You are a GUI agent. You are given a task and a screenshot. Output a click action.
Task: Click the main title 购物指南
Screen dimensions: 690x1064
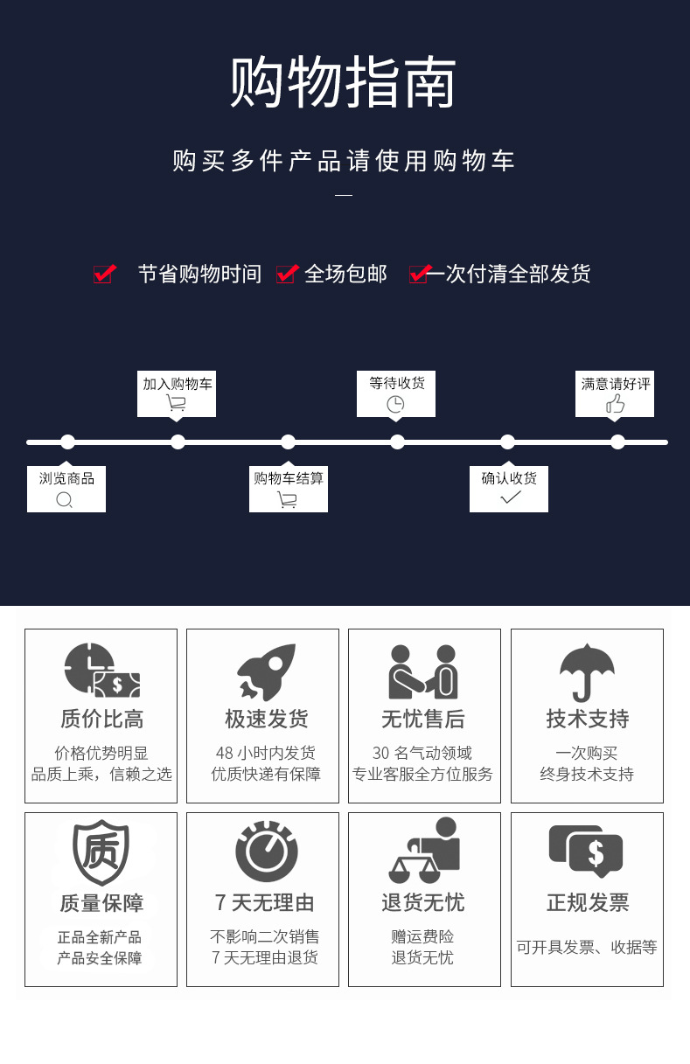click(x=343, y=81)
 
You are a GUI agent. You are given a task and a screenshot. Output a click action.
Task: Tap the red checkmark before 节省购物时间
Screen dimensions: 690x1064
click(x=105, y=274)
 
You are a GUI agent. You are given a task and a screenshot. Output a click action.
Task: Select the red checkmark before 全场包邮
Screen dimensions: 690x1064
click(x=288, y=274)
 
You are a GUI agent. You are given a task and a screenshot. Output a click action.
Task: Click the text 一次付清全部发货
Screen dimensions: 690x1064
click(x=508, y=274)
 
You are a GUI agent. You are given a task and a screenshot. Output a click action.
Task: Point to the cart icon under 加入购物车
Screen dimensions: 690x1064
click(x=177, y=403)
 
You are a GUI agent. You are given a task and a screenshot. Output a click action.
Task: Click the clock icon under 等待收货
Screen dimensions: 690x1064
click(x=395, y=404)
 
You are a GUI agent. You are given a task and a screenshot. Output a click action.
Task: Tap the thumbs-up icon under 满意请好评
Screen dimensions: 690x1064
click(x=615, y=404)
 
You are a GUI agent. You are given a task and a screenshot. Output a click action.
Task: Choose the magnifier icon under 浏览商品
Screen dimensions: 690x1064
click(x=64, y=500)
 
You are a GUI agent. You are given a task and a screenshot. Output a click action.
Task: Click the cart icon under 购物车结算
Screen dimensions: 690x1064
click(x=287, y=500)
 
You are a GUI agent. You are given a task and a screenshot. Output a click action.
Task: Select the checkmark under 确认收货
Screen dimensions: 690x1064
click(x=511, y=497)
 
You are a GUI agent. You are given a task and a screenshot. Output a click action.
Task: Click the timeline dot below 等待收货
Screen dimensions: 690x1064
click(x=397, y=442)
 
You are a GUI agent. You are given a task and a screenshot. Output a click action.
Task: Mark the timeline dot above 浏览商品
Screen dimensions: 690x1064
click(x=67, y=442)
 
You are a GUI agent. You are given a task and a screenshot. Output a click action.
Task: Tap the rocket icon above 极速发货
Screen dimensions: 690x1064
click(x=267, y=671)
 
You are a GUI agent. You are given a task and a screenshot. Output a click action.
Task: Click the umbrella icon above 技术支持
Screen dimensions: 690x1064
click(x=587, y=672)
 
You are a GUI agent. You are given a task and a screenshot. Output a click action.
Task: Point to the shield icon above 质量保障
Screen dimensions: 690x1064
click(x=101, y=852)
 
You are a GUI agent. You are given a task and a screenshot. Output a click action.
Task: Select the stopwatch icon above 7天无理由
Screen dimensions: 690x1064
click(x=267, y=851)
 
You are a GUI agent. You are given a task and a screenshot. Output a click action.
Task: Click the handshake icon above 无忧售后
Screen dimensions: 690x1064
click(x=423, y=671)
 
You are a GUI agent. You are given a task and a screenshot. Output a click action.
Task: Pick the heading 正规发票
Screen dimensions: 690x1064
click(x=588, y=902)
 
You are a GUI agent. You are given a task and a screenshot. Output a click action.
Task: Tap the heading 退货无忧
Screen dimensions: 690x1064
click(x=423, y=902)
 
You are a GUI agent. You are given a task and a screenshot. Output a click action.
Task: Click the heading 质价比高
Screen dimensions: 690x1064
click(x=101, y=719)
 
